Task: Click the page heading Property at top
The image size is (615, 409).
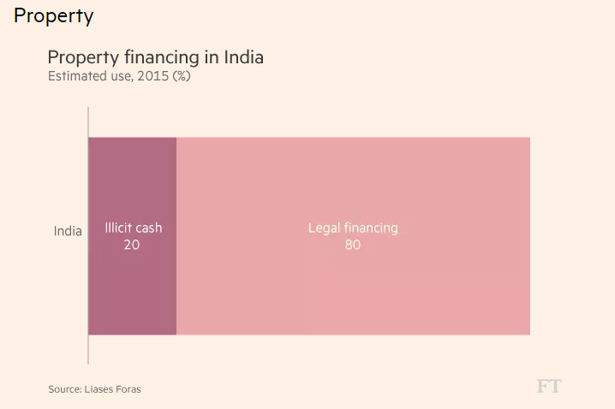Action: [53, 15]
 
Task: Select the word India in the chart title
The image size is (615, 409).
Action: [243, 58]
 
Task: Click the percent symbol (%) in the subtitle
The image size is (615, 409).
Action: [181, 76]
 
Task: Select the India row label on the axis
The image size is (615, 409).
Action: [68, 231]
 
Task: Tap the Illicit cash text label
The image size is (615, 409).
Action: [133, 228]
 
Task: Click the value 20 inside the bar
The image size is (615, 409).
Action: [132, 245]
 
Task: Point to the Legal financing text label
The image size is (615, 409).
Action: [353, 228]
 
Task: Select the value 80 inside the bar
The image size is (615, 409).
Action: [353, 245]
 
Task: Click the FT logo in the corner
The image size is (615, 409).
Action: [548, 387]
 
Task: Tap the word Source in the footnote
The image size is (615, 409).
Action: [63, 389]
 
